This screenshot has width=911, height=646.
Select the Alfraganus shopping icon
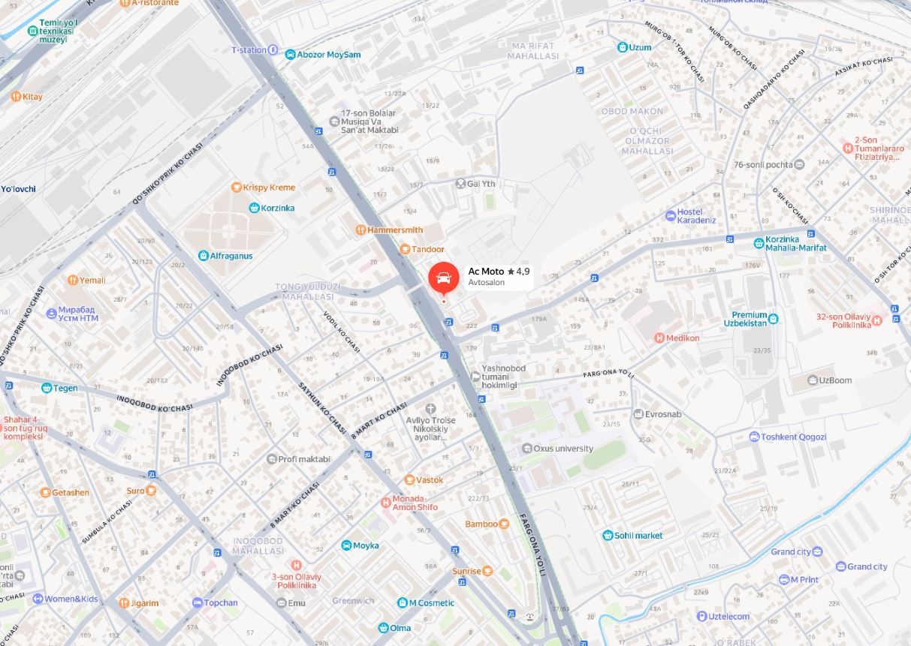click(203, 256)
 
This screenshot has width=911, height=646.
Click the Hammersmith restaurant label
click(395, 230)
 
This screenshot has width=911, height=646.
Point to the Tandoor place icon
click(405, 249)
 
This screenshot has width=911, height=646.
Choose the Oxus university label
click(563, 449)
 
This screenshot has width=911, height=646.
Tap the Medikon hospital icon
click(659, 338)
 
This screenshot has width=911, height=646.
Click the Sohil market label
click(639, 536)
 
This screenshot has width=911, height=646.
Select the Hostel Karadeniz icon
click(671, 216)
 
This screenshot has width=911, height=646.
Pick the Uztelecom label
click(728, 617)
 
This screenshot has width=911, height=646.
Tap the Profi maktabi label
click(304, 459)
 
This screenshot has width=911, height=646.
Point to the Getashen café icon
click(46, 492)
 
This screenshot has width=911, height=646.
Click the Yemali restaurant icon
click(73, 280)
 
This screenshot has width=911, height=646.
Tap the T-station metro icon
click(273, 50)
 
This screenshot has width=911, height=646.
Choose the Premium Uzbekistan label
click(750, 319)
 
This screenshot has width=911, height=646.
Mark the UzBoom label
click(835, 380)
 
